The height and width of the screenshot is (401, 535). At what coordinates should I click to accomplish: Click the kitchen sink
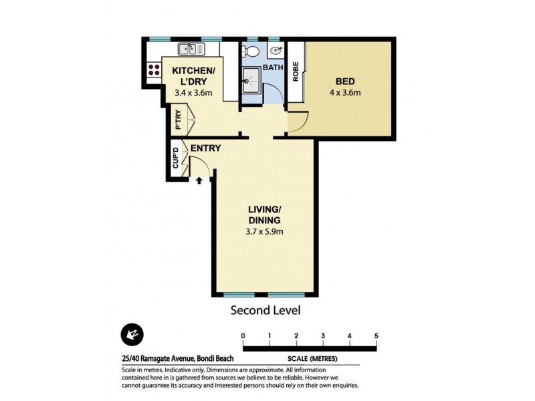pos(188,49)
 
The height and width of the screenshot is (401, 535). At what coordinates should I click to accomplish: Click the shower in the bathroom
pos(251,82)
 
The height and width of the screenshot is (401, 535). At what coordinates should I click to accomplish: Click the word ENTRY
pos(205,148)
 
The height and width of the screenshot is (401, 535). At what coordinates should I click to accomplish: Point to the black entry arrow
pos(199,179)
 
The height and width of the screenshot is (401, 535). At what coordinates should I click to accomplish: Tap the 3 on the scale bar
pos(323,336)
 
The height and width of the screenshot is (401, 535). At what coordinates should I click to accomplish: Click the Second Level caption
pos(265,310)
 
